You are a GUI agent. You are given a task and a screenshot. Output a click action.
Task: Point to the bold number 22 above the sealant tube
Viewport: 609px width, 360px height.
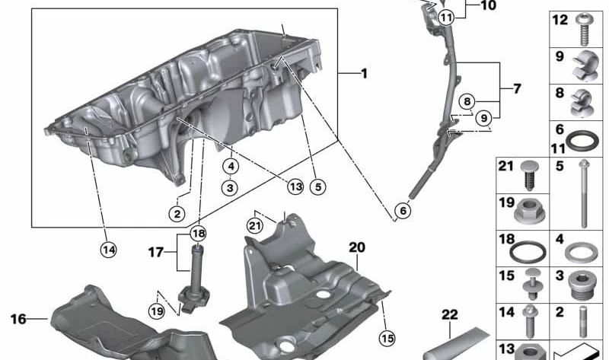tap(451, 314)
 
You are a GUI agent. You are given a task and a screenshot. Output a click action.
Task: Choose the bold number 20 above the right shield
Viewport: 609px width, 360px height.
tap(357, 247)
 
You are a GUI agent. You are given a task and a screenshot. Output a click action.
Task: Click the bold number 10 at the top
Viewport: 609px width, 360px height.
tap(488, 6)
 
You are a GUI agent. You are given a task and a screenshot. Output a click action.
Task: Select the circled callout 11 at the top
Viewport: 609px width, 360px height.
tap(445, 16)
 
